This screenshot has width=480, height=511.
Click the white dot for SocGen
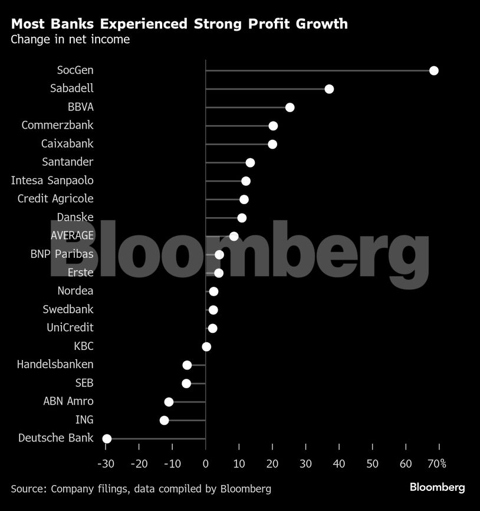(x=434, y=71)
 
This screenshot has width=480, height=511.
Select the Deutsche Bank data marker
(x=107, y=438)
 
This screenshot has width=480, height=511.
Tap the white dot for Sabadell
(x=329, y=89)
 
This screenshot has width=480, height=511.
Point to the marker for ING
(x=164, y=420)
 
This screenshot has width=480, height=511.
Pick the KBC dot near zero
(x=206, y=346)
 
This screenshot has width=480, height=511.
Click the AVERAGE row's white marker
(x=234, y=236)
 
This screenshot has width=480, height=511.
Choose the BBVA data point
(x=290, y=107)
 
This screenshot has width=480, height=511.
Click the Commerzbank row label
(x=57, y=125)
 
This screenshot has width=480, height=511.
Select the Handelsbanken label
(x=55, y=364)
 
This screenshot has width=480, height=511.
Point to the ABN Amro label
(x=68, y=401)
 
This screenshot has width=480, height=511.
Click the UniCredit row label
(x=70, y=327)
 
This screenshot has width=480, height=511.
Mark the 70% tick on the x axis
(x=436, y=464)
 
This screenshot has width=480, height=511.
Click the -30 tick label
(x=105, y=464)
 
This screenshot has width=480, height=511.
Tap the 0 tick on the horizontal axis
(x=206, y=464)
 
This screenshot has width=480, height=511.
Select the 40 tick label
(x=338, y=464)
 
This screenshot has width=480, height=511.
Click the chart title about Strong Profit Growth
(x=179, y=24)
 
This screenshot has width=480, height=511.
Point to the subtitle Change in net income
(x=70, y=40)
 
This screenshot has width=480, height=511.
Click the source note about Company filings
(x=141, y=489)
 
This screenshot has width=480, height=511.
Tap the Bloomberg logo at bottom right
(x=437, y=487)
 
